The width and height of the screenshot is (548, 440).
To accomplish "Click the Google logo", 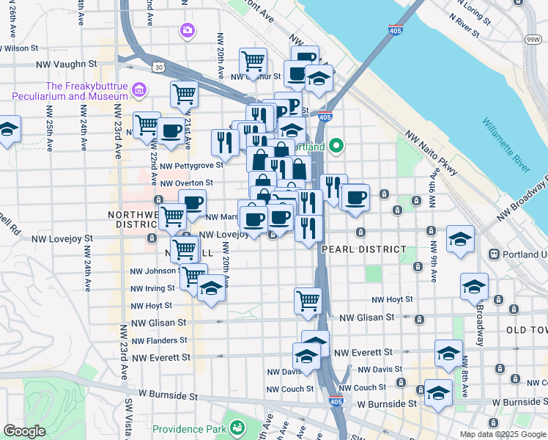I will pyautogui.click(x=24, y=431).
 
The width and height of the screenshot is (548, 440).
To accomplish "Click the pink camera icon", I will pyautogui.click(x=187, y=30).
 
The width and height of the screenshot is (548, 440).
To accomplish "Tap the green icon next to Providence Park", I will pyautogui.click(x=237, y=426).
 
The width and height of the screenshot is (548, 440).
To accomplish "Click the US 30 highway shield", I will pyautogui.click(x=158, y=67).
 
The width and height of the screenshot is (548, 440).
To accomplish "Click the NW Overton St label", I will pyautogui.click(x=186, y=183).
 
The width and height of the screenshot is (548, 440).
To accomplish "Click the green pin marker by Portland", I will pyautogui.click(x=336, y=146).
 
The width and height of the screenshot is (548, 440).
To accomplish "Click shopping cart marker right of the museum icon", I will pyautogui.click(x=184, y=94).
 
